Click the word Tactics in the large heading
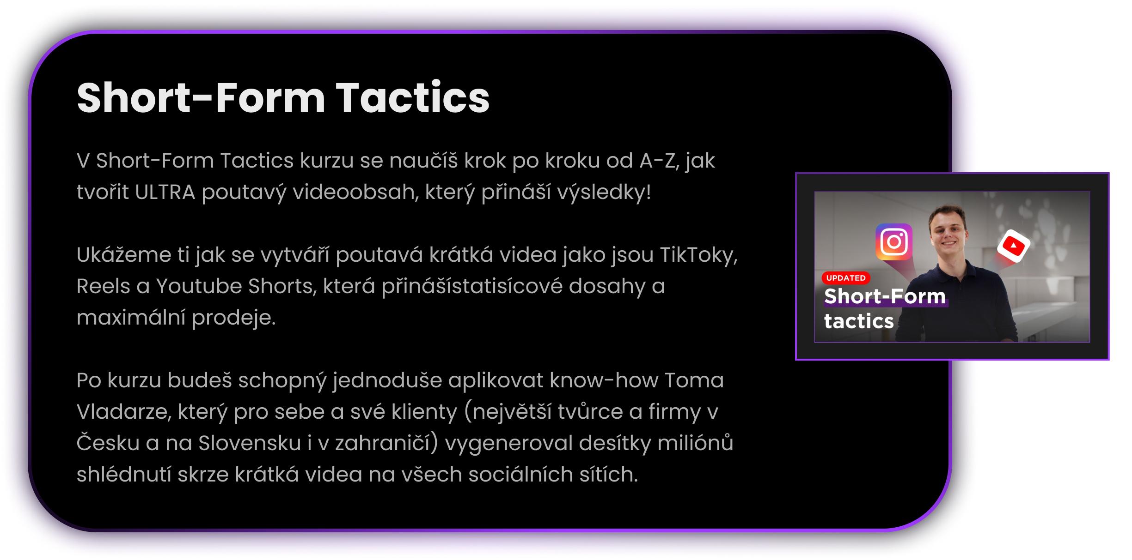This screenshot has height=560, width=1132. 413,97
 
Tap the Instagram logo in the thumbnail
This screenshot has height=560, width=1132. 894,241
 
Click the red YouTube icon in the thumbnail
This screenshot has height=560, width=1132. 1013,246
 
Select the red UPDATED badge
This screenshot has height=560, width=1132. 846,278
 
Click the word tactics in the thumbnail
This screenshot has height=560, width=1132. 859,321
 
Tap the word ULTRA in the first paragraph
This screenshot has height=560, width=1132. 165,192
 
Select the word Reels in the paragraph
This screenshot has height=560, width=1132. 103,286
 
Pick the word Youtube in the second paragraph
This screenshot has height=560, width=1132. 199,286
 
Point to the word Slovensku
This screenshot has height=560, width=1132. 250,443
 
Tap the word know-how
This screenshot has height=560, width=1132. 604,380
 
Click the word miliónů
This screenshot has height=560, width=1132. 695,443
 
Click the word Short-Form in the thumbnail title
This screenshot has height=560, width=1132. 885,296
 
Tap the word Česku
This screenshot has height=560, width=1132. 108,442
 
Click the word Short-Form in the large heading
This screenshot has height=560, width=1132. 202,97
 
